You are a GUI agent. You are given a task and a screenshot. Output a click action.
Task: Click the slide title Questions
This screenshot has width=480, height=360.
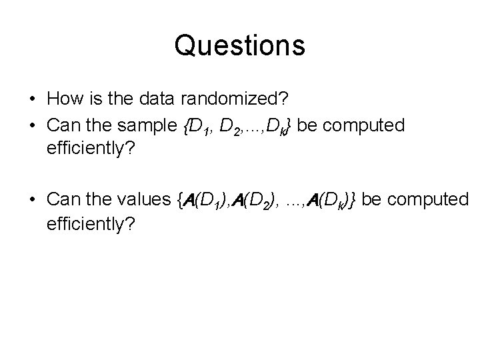(x=239, y=45)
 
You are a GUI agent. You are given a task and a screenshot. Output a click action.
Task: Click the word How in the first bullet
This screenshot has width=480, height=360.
(x=61, y=99)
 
